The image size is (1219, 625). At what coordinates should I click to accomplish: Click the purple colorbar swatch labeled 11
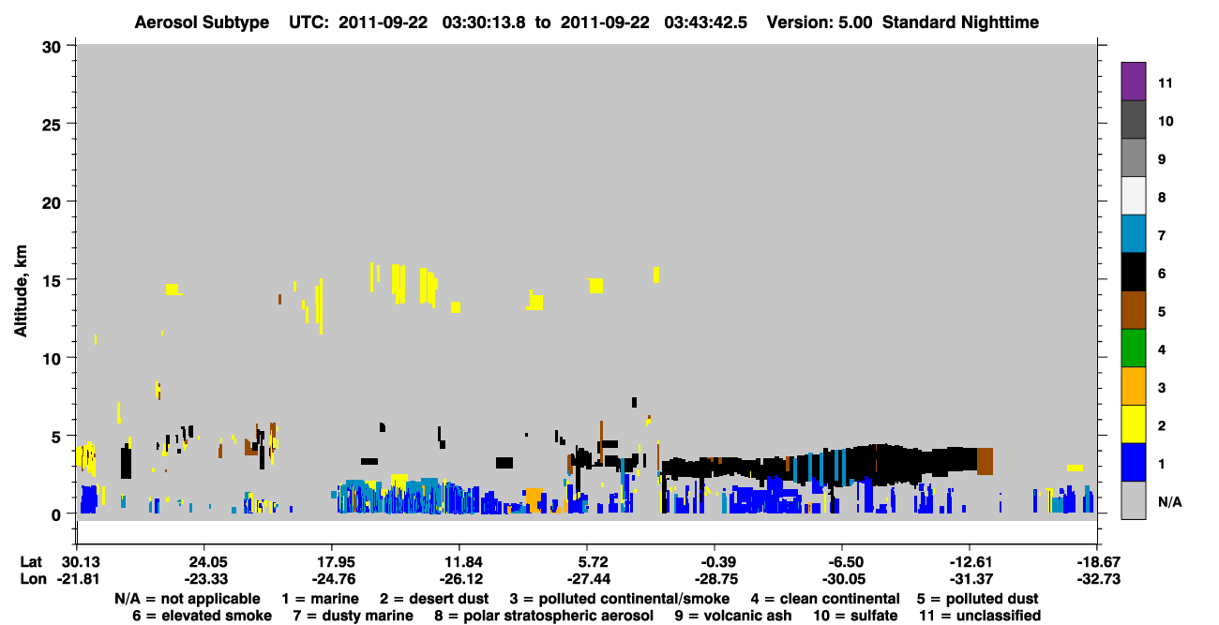[1133, 82]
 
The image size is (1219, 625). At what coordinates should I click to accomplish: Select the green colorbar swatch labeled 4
[1133, 349]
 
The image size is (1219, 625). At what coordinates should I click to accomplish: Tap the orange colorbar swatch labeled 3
[1133, 386]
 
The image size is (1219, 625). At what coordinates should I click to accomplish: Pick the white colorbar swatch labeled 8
[1133, 196]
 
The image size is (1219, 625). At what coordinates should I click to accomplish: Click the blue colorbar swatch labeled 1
[1133, 462]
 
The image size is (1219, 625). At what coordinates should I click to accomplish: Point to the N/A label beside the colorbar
[1169, 501]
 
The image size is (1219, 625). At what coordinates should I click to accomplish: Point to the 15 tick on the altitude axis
[71, 279]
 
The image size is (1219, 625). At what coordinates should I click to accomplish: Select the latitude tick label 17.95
[337, 562]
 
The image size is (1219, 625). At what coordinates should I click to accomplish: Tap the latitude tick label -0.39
[718, 562]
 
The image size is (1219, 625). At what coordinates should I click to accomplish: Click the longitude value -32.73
[1098, 579]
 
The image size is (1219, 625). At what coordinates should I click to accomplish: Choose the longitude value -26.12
[461, 579]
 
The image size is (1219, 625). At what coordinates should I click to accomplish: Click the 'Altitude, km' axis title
[21, 290]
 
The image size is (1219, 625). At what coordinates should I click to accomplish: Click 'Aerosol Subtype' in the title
[202, 22]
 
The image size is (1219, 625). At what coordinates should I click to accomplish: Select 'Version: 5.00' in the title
[820, 22]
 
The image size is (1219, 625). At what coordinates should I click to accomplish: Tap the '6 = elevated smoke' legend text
[202, 616]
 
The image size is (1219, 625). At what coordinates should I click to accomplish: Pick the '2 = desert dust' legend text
[434, 599]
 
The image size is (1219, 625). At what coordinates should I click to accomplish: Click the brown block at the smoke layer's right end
[985, 461]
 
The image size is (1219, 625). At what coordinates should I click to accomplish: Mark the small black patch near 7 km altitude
[635, 402]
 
